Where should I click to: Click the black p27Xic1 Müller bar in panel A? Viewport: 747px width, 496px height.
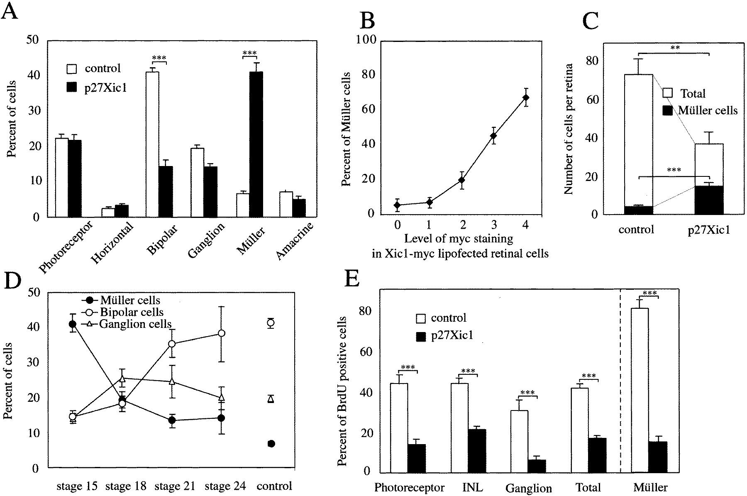point(256,144)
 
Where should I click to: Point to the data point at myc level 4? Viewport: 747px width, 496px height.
point(526,98)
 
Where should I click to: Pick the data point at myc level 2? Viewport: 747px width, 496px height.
point(461,180)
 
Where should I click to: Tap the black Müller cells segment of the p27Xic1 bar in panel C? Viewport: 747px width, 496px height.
point(709,200)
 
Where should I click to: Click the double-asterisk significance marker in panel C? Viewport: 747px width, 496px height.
point(674,48)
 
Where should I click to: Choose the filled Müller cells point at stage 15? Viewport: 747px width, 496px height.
point(73,324)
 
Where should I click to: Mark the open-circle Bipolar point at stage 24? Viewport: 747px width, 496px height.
point(222,333)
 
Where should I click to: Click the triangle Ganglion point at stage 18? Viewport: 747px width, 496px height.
point(122,379)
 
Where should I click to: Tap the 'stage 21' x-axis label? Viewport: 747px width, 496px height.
point(175,486)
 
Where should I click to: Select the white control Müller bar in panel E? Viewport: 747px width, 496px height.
point(640,390)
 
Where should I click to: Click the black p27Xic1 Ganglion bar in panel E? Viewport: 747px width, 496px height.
point(537,466)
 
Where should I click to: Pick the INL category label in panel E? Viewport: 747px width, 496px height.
point(472,487)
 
